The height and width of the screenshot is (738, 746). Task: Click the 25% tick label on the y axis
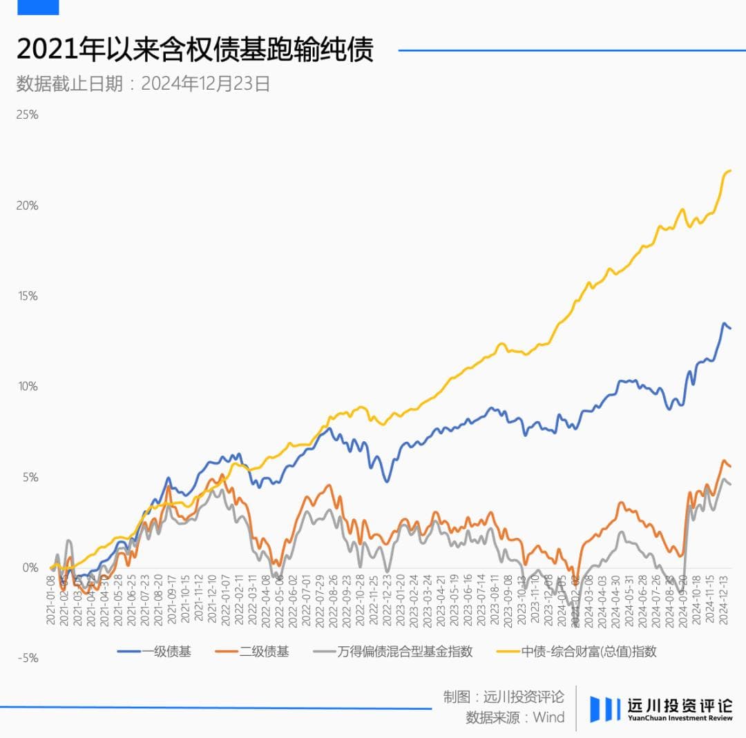(27, 115)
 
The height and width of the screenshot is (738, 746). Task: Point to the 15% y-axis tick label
(27, 296)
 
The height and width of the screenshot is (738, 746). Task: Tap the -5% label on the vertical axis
(27, 658)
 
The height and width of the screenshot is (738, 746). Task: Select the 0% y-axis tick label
(30, 567)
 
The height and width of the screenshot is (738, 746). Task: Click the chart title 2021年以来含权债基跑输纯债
(194, 50)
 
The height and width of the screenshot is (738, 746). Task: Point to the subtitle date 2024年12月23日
(205, 84)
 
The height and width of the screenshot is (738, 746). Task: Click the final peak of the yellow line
(729, 171)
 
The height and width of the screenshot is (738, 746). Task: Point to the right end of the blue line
(730, 328)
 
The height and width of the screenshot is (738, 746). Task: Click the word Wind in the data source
(548, 717)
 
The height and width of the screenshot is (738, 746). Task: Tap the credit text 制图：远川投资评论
(504, 697)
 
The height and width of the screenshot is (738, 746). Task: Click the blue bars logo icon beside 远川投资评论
(604, 708)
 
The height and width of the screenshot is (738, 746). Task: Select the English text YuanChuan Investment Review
(680, 718)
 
